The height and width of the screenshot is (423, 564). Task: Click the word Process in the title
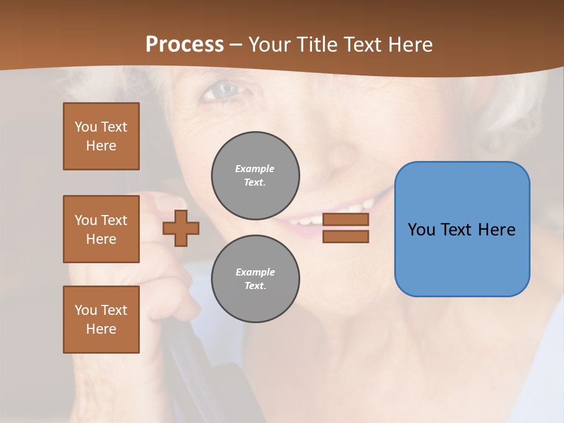(184, 45)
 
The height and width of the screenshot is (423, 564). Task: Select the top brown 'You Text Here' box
(101, 136)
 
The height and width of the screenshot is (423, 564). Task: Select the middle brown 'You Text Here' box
(101, 229)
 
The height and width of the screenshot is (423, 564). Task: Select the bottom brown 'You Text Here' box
(101, 320)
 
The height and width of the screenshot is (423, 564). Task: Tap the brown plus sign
(181, 228)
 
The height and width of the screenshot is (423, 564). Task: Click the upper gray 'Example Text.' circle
(256, 176)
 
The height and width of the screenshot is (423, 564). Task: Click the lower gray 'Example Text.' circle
(256, 279)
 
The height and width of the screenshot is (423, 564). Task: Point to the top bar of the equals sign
(345, 220)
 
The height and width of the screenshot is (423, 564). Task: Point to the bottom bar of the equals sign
(345, 237)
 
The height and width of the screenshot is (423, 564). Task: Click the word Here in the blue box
(496, 229)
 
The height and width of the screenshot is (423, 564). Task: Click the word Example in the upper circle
(254, 169)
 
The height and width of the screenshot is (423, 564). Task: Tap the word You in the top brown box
(86, 127)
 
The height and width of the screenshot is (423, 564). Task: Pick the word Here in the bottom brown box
(101, 329)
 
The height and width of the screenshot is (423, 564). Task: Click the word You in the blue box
(421, 229)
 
